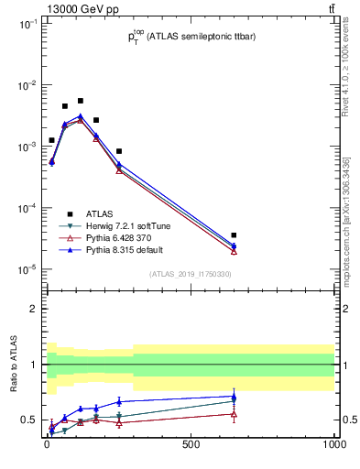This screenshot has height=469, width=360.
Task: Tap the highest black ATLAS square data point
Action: tap(81, 101)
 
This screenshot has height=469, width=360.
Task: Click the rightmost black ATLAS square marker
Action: tap(234, 235)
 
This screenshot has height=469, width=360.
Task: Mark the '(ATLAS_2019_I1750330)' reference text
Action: tap(190, 274)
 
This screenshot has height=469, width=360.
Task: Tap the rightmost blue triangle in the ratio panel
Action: tap(234, 397)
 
